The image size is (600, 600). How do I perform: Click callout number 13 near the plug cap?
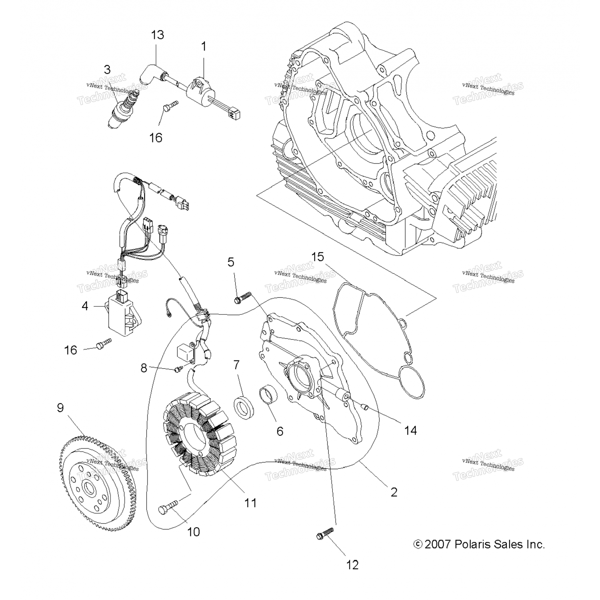[158, 35]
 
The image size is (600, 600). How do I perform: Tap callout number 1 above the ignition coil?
[204, 46]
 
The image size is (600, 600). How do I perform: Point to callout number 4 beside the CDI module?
[85, 306]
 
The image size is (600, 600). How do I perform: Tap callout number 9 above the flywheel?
[60, 408]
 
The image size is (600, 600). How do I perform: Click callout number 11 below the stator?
[250, 503]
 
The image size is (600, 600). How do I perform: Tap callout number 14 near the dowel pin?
[410, 430]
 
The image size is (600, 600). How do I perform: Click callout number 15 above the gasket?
[318, 256]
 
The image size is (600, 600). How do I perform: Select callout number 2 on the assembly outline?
[394, 492]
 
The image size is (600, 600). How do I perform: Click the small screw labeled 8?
[178, 370]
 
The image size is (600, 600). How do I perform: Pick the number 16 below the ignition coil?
[156, 138]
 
